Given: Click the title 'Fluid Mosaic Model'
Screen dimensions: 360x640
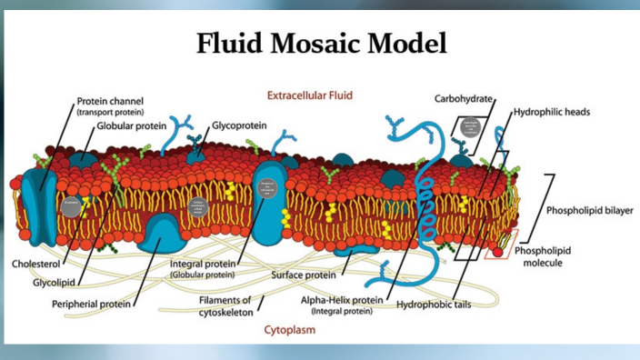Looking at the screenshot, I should point(321,44).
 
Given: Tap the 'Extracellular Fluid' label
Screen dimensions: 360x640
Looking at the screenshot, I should point(309,95).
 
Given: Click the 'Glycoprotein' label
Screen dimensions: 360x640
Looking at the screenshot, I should point(240,125).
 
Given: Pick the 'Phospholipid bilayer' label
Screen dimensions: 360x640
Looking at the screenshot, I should point(588,211).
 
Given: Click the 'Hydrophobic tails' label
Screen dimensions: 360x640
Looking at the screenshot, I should point(434,305).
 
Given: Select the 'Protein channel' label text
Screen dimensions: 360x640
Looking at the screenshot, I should point(110,101).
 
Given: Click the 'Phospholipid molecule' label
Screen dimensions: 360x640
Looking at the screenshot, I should point(543,256).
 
